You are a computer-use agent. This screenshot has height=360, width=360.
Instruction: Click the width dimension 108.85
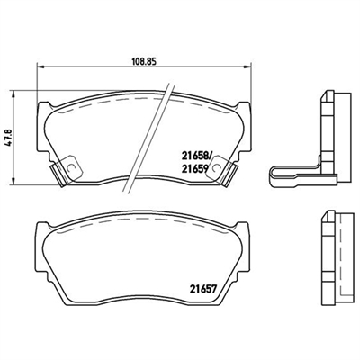tap(145, 61)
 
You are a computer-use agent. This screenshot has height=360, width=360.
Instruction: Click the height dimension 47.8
tap(9, 138)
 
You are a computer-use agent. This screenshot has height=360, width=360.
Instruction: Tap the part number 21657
tap(202, 289)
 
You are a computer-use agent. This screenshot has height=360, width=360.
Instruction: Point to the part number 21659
tap(194, 169)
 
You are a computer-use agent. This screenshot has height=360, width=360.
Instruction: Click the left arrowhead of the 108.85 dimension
tap(40, 66)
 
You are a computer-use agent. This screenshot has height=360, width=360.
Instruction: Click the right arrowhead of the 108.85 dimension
tap(247, 66)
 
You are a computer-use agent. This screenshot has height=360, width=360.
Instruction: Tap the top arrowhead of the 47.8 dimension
tap(13, 94)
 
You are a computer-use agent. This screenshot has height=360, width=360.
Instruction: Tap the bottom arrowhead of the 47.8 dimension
tap(13, 181)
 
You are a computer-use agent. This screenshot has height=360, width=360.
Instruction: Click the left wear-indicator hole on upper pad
tap(72, 168)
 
